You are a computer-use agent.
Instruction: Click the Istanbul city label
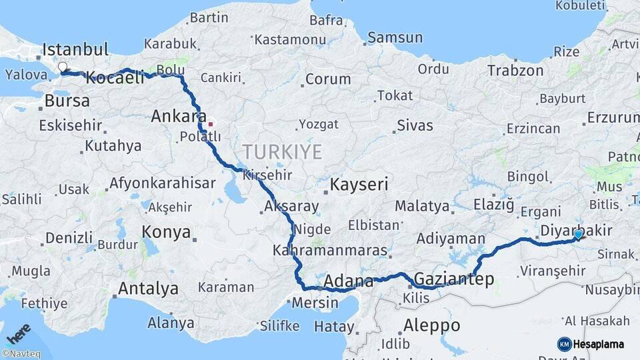click(x=75, y=49)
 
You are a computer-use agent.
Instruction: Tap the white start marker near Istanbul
click(x=63, y=67)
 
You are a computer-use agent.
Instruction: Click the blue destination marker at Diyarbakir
click(x=578, y=234)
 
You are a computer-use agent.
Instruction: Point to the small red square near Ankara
click(x=211, y=123)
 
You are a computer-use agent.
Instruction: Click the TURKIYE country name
click(x=282, y=152)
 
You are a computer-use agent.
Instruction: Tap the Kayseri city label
click(x=359, y=185)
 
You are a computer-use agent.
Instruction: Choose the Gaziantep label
click(x=454, y=279)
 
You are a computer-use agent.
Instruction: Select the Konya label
click(x=166, y=232)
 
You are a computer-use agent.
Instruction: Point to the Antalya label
click(x=148, y=289)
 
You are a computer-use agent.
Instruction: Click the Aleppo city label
click(x=431, y=325)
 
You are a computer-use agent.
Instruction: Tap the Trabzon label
click(x=515, y=71)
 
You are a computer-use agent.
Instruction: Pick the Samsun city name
click(x=395, y=38)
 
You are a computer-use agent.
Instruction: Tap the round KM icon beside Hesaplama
click(x=565, y=344)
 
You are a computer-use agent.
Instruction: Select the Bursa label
click(x=67, y=101)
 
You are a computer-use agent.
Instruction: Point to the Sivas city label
click(x=415, y=125)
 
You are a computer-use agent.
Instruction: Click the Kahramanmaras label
click(x=329, y=251)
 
